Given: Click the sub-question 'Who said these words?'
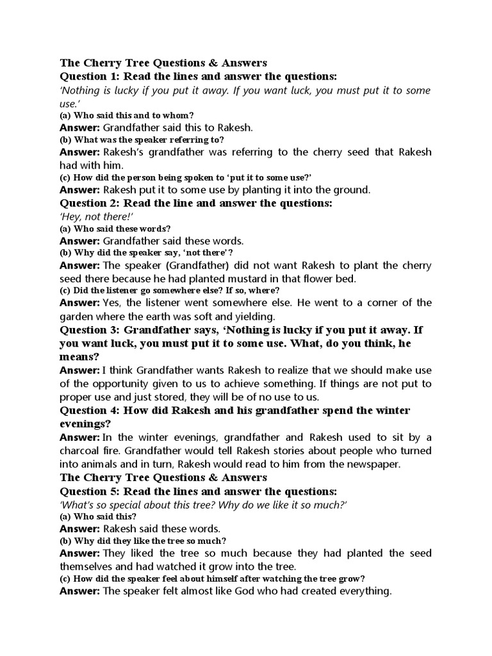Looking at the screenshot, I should [x=115, y=228].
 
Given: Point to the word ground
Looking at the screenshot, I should [x=353, y=190].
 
